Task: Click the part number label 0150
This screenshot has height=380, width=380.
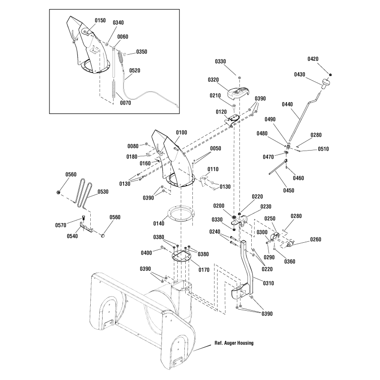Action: [100, 20]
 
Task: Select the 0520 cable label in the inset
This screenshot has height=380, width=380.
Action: [134, 70]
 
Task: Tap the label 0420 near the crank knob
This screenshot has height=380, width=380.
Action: [313, 59]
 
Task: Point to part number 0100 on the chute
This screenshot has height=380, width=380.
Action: [181, 133]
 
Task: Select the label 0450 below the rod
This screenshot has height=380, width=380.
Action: [288, 190]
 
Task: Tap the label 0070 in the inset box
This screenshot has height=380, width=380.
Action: [125, 103]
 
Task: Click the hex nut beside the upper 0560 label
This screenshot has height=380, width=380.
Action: [57, 192]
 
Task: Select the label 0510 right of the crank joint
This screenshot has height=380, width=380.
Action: [323, 149]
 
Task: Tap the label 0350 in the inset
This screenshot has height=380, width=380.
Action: [142, 51]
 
